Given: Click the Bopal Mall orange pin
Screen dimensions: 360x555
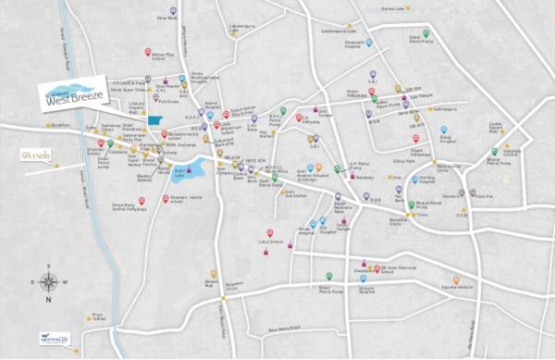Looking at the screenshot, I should coord(214,274).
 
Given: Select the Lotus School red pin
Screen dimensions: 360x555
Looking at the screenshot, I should coord(269,233).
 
